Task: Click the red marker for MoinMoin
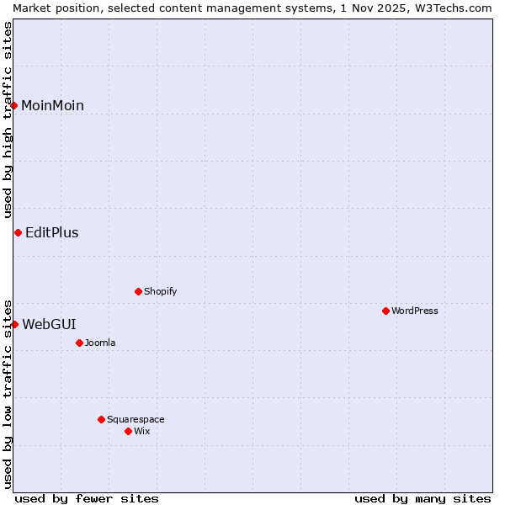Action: (x=14, y=105)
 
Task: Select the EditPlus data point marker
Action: (x=18, y=232)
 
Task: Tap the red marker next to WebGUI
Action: (x=14, y=324)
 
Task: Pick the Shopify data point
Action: (x=138, y=291)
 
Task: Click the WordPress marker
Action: (x=385, y=311)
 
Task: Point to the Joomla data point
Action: (x=79, y=343)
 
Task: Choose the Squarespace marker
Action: (x=101, y=419)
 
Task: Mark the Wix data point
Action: (x=128, y=431)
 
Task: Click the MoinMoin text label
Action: (x=52, y=105)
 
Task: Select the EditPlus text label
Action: (x=51, y=233)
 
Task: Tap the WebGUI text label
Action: (x=49, y=324)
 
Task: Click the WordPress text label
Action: (x=414, y=311)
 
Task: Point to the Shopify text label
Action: (x=160, y=291)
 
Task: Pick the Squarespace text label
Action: (x=136, y=419)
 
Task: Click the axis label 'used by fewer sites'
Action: (x=87, y=498)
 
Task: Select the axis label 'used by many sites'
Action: (x=423, y=498)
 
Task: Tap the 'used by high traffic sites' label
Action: (x=8, y=119)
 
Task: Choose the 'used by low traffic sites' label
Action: (x=8, y=393)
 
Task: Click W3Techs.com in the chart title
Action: (x=453, y=8)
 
